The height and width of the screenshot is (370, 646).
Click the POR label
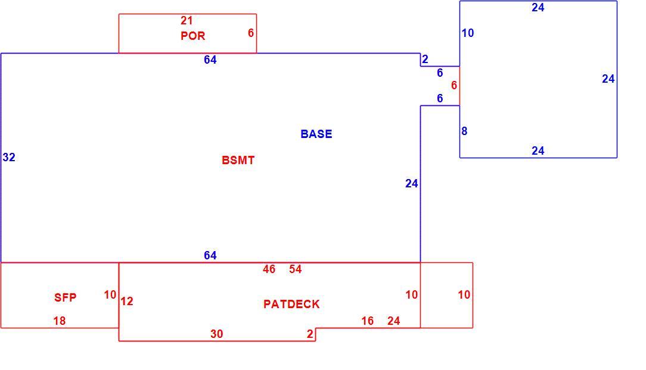pos(193,36)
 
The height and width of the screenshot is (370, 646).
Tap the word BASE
pos(316,134)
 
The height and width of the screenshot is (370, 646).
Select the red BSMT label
pos(238,161)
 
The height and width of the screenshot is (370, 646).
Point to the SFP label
pos(65,297)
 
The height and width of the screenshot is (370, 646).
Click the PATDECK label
pos(291,304)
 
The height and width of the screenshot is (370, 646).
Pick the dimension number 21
pos(187,20)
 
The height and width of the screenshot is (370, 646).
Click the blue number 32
pos(9,157)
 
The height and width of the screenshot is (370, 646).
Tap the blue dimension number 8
pos(464,131)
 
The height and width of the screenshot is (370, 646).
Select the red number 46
pos(269,269)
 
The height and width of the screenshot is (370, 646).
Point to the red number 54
pos(296,269)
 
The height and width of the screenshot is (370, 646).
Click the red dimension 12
pos(127,302)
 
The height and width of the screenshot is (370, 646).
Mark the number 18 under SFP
pos(60,321)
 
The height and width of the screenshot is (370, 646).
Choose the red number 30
pos(217,334)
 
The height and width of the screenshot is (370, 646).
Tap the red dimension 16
pos(368,321)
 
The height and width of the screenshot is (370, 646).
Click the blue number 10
pos(468,33)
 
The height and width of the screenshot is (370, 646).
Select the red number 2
pos(310,334)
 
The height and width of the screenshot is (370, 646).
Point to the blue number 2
pos(425,59)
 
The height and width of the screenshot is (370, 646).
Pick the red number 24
pos(393,321)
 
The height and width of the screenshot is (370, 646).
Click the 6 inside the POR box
pos(251,33)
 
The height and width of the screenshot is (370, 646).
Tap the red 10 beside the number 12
pos(110,295)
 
